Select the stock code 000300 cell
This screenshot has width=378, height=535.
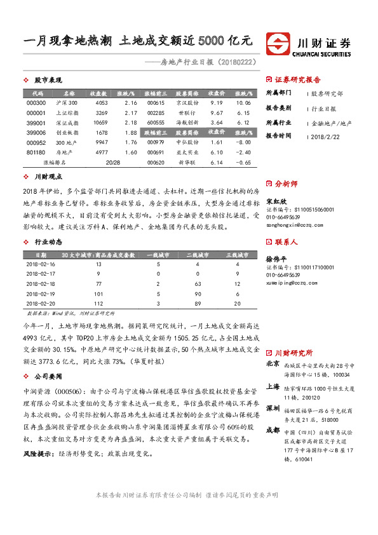[37, 103]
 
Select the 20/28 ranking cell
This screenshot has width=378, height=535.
[113, 162]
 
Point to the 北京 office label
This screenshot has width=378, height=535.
[272, 363]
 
